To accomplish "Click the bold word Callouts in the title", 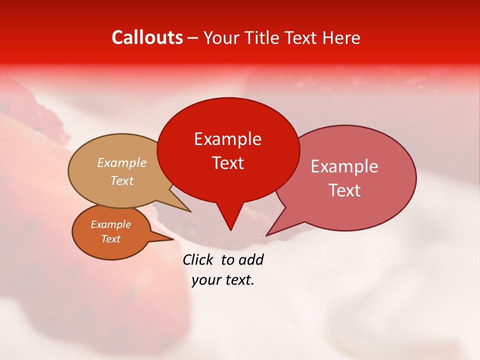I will (147, 37).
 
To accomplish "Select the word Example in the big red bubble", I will (227, 139).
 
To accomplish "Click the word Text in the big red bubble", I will (227, 163).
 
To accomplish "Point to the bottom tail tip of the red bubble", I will (230, 229).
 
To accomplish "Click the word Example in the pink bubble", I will (344, 166).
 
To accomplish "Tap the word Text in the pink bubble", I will (344, 190).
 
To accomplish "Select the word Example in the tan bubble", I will (122, 163).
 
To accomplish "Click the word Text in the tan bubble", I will (122, 181).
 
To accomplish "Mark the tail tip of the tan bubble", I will (190, 211).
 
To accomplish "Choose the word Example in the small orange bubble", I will (111, 224).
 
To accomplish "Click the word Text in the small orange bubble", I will (111, 239).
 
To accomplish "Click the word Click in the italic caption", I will (198, 259).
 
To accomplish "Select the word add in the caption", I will (251, 259).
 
